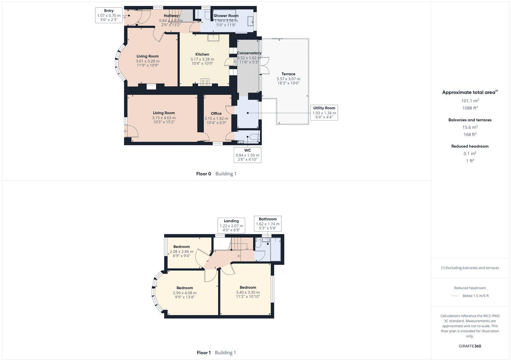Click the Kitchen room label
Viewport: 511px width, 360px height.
tap(202, 54)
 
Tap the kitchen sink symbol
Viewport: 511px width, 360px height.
tap(213, 38)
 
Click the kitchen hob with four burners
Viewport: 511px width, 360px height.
tap(205, 82)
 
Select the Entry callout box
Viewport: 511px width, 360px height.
tap(109, 15)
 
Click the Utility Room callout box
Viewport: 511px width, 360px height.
tap(324, 113)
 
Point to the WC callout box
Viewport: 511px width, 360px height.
tap(248, 155)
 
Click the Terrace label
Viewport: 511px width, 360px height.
tap(288, 74)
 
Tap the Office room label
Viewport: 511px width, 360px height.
tap(216, 113)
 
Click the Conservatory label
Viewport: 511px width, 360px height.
tap(249, 53)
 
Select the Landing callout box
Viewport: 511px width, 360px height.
tap(231, 226)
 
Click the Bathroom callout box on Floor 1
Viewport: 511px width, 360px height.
tap(268, 224)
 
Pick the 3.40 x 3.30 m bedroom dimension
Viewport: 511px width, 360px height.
tap(248, 292)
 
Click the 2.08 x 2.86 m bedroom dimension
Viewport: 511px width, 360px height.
tap(181, 251)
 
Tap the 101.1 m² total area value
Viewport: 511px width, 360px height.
tap(470, 101)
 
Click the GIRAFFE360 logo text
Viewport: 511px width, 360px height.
tap(470, 346)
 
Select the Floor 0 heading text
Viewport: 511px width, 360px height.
tap(204, 174)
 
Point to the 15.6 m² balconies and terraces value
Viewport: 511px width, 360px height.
tap(470, 127)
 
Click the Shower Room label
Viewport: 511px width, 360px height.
tap(226, 16)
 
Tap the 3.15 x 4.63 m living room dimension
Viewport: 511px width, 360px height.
tap(164, 118)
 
